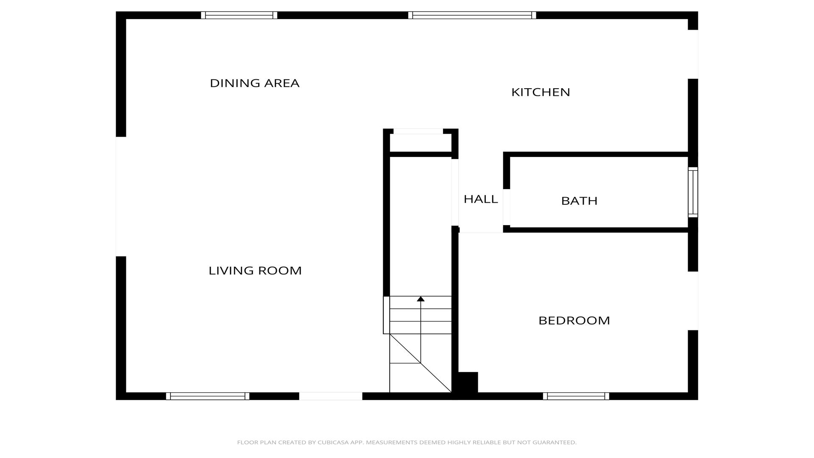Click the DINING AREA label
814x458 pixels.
coord(255,83)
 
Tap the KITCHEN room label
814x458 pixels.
coord(541,92)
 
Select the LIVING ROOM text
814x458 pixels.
coord(255,271)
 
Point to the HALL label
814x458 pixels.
coord(481,199)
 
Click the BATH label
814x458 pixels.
coord(579,201)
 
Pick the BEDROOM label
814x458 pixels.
coord(574,321)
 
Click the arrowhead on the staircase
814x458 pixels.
coord(421,299)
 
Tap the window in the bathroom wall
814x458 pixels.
coord(693,192)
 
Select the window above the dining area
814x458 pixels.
coord(239,15)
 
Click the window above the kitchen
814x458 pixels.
coord(472,15)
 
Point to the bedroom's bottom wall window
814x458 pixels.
coord(576,396)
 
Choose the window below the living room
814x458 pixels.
coord(207,396)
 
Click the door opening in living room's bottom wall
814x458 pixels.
coord(331,396)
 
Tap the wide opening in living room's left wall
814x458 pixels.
coord(121,196)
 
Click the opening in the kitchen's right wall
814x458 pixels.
coord(693,54)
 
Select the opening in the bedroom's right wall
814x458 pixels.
coord(693,301)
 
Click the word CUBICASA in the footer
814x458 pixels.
coord(333,442)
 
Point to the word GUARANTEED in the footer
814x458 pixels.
coord(554,442)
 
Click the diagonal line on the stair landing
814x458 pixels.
coord(421,363)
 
